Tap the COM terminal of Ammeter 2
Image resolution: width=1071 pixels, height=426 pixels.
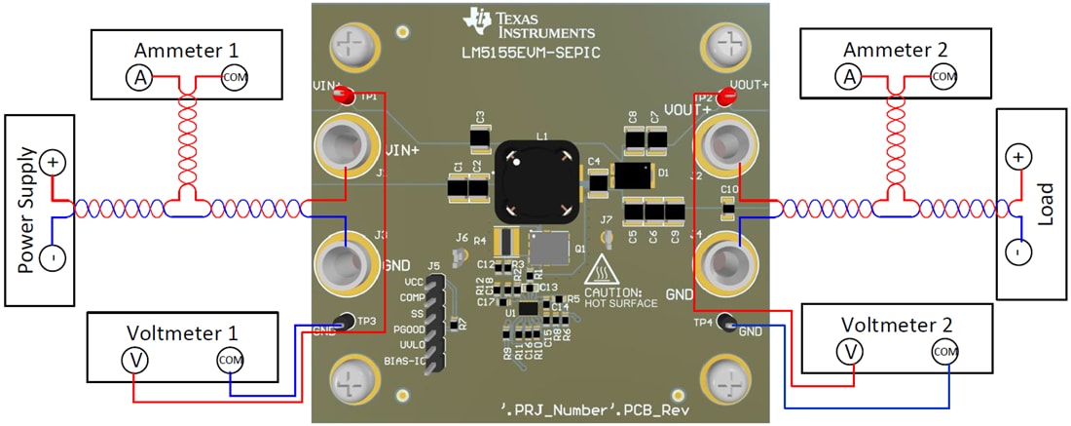[942, 76]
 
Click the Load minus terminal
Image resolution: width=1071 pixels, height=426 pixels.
[1017, 252]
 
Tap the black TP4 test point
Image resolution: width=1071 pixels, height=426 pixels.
[727, 323]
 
